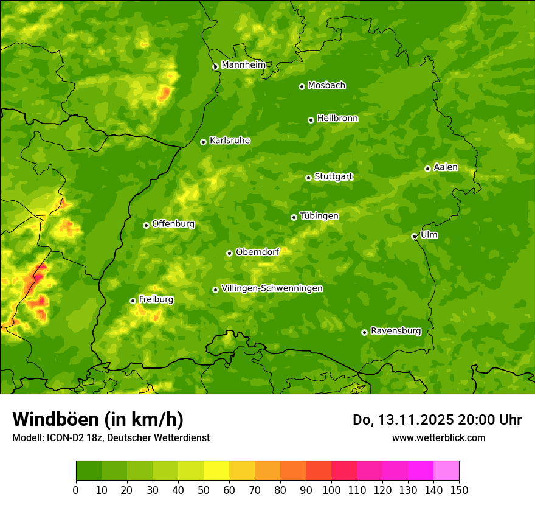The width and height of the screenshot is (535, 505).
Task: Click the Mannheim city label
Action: [x=243, y=65]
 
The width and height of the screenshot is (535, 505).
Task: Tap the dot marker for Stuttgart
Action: [x=308, y=178]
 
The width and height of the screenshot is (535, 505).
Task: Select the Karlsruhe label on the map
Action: [x=230, y=141]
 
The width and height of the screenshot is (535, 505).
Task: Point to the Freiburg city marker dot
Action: [x=133, y=301]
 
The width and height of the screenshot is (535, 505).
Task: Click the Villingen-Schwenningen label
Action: [x=272, y=288]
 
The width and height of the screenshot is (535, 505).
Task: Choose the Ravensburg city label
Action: [x=396, y=331]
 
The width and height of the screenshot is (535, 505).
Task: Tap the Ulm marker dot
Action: [x=414, y=236]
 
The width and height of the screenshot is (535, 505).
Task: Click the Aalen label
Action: [x=446, y=167]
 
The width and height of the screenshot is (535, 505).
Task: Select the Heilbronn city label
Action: [x=337, y=119]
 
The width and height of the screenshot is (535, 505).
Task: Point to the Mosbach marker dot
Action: [x=302, y=86]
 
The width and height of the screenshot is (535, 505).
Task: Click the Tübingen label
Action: [x=319, y=216]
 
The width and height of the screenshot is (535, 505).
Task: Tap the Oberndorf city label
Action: [x=257, y=252]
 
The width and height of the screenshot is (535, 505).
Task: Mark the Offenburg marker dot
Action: [x=146, y=225]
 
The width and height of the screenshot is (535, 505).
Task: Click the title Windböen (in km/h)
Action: [x=98, y=419]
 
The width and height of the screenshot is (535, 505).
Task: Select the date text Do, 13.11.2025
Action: [x=401, y=420]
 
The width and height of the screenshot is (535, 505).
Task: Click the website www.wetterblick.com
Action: [x=438, y=437]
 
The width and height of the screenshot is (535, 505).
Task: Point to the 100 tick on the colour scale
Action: [x=331, y=490]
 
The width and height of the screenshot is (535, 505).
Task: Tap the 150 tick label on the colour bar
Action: [x=459, y=490]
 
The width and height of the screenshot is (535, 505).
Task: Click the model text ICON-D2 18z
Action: [x=72, y=437]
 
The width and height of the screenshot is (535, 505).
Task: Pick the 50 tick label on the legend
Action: [x=204, y=490]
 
